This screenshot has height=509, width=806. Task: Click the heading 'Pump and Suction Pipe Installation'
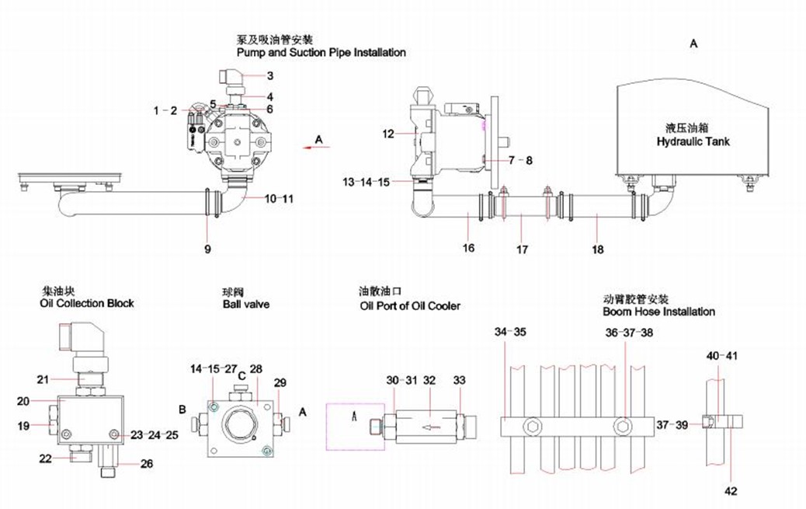click(321, 53)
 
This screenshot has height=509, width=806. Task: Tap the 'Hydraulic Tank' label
click(693, 141)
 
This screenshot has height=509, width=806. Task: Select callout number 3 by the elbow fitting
click(270, 76)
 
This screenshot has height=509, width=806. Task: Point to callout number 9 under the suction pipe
click(208, 249)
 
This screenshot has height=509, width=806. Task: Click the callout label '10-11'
click(279, 199)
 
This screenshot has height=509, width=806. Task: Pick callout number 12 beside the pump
click(388, 134)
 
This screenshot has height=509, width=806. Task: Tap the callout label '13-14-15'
click(368, 182)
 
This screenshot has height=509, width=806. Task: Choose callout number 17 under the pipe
click(522, 249)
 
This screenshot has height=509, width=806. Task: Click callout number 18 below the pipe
click(596, 249)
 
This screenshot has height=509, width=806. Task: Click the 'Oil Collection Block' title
click(86, 303)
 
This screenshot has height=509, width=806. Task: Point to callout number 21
click(43, 379)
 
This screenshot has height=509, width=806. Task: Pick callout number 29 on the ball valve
click(280, 383)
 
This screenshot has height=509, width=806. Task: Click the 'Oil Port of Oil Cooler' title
click(409, 305)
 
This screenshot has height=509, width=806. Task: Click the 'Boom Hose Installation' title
click(658, 312)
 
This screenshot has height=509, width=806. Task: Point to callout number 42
click(731, 490)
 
